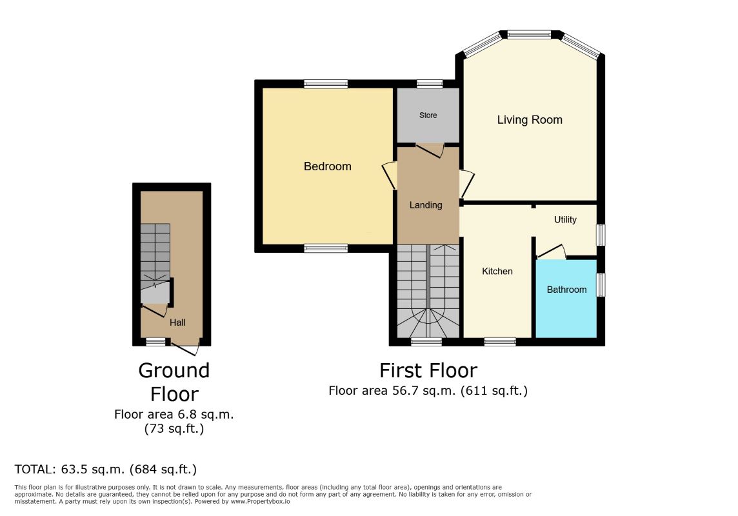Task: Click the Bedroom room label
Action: pyautogui.click(x=328, y=166)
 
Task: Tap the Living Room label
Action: pyautogui.click(x=530, y=120)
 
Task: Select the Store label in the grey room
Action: pyautogui.click(x=428, y=115)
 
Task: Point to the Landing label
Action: pyautogui.click(x=426, y=205)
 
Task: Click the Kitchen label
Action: pyautogui.click(x=497, y=272)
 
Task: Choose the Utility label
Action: pyautogui.click(x=565, y=220)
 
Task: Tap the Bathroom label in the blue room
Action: pyautogui.click(x=566, y=290)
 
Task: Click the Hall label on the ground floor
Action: pyautogui.click(x=177, y=322)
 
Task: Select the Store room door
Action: pyautogui.click(x=430, y=150)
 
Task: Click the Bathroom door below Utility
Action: pyautogui.click(x=552, y=252)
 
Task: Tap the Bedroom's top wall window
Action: pyautogui.click(x=326, y=83)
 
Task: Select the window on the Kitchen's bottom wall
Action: pyautogui.click(x=500, y=341)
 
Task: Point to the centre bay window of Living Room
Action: pyautogui.click(x=529, y=34)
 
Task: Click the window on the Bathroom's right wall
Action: pyautogui.click(x=601, y=284)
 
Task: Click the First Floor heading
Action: pyautogui.click(x=428, y=371)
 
